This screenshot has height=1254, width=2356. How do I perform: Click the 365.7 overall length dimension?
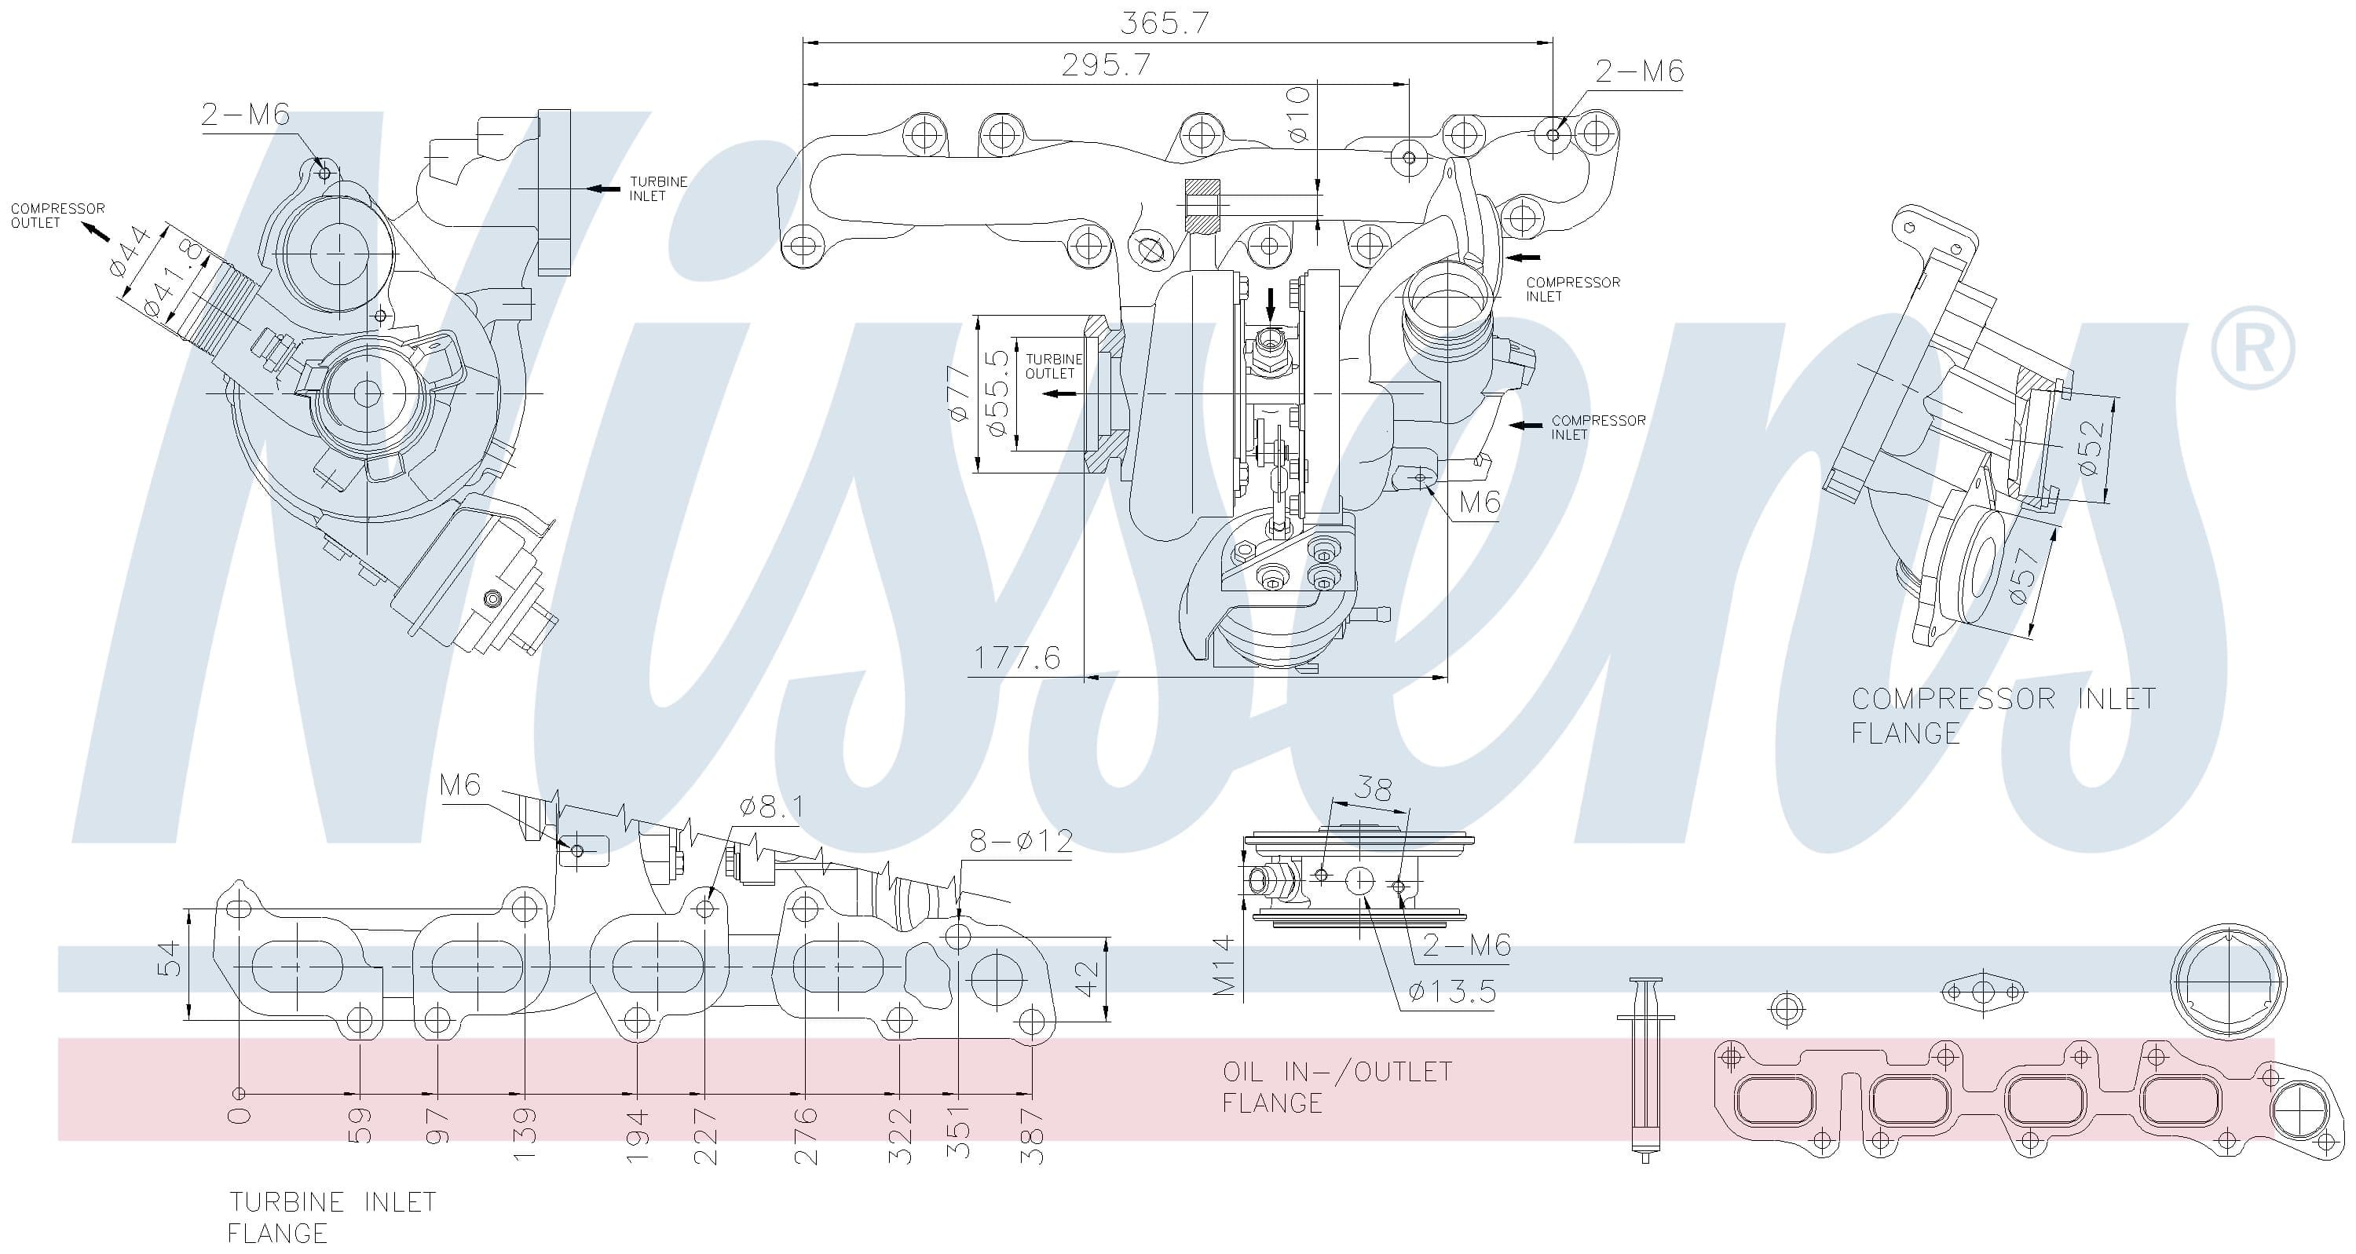coord(1165,23)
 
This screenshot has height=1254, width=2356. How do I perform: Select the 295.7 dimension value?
coord(1106,65)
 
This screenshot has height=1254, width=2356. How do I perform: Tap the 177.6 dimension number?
coord(1017,658)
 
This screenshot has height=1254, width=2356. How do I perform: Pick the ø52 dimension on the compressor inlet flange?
coord(2091,448)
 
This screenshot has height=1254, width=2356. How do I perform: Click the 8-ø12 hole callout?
coord(1022,840)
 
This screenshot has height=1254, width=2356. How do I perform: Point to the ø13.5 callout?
coord(1452,992)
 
